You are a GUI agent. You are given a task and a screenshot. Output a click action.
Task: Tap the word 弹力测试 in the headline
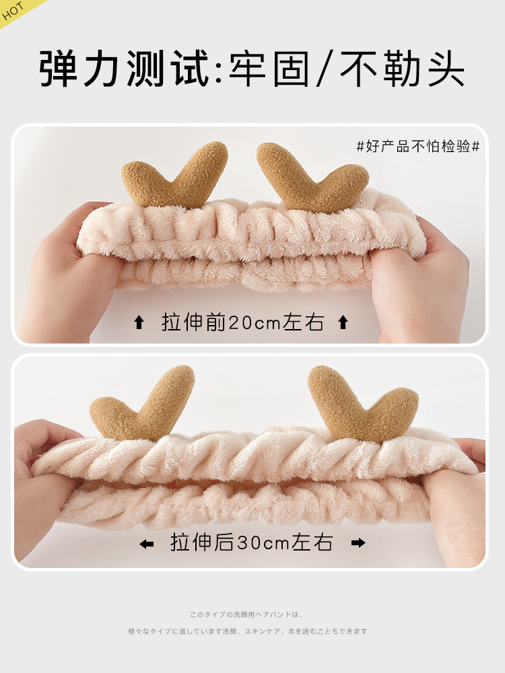coord(124,69)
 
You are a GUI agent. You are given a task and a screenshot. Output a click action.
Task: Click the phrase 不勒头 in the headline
coord(402,69)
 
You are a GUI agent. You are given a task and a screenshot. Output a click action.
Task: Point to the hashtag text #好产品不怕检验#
coord(418,146)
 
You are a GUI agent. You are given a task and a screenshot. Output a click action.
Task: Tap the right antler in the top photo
coord(312,177)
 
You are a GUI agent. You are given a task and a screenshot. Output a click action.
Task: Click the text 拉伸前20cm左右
coord(242,322)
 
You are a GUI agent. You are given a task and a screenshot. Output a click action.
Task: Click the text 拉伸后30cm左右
coord(252,542)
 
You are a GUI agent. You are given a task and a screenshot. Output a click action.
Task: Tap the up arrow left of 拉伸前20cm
coord(139,322)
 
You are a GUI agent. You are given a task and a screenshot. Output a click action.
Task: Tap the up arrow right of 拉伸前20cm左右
coord(343,322)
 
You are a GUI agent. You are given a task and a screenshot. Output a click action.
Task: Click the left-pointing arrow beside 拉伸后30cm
coord(146,544)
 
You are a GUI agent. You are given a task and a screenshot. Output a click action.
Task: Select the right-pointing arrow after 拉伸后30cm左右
coord(358,543)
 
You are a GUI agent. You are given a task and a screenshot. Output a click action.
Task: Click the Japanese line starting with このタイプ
coord(247,614)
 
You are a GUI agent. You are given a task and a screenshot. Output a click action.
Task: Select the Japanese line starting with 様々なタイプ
coord(248,631)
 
